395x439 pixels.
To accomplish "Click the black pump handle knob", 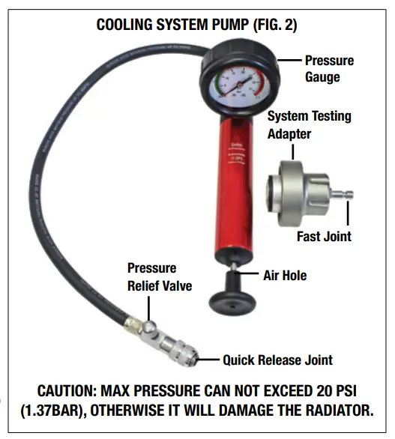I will (x=232, y=297).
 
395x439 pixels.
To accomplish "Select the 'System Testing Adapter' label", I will (x=309, y=124).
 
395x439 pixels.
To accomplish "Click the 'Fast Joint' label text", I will (x=324, y=237).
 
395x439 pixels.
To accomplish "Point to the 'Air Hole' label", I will (x=284, y=276).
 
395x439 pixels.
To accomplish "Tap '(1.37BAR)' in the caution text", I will (x=55, y=411).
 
